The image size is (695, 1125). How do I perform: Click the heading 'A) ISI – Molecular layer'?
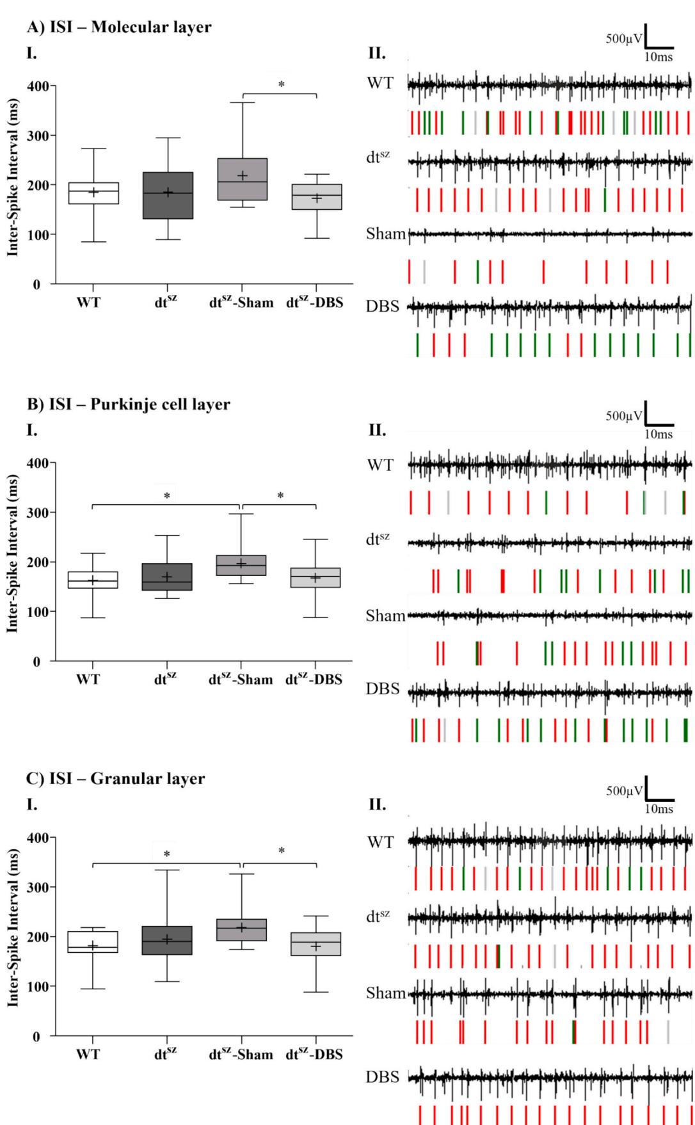[119, 28]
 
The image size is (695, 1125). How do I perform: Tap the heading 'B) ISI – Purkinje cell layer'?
[128, 404]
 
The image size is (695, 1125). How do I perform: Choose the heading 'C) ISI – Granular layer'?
[116, 779]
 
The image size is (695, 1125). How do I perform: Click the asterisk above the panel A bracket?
[281, 85]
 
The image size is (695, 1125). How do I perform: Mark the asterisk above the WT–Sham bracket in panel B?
[167, 496]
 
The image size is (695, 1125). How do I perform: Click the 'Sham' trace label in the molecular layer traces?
[386, 234]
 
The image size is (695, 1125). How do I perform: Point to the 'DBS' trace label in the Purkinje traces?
[383, 690]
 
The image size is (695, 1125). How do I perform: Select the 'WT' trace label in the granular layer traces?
[380, 842]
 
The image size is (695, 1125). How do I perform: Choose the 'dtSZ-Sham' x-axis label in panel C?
[241, 1055]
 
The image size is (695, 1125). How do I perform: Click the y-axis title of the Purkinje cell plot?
[12, 562]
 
